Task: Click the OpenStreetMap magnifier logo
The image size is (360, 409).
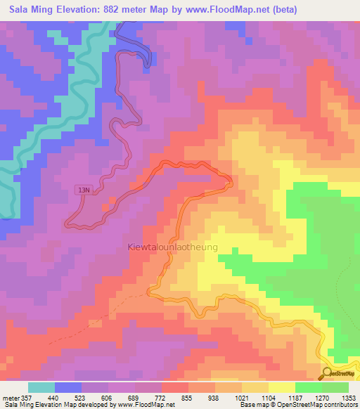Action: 328,373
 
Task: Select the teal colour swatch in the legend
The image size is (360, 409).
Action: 41,387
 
